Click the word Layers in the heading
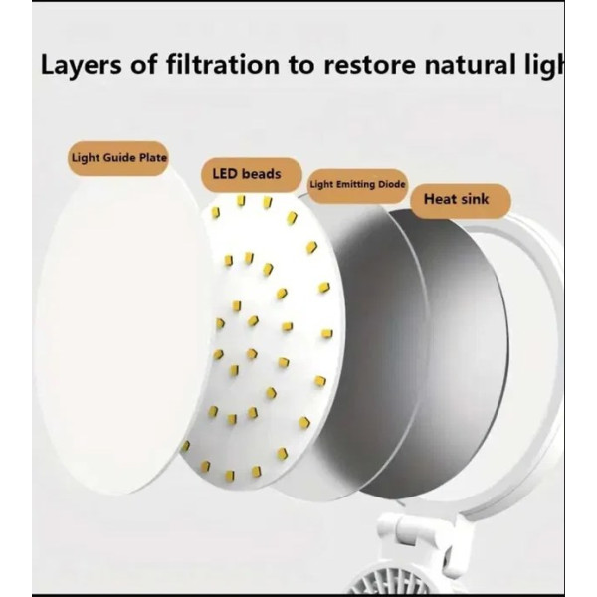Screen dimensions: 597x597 [80, 68]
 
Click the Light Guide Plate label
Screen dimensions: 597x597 [118, 157]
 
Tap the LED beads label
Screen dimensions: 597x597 [246, 174]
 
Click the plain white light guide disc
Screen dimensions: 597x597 [109, 328]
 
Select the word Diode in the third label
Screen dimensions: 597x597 [385, 184]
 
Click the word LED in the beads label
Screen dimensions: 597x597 [225, 174]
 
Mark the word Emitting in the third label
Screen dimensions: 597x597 [348, 184]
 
